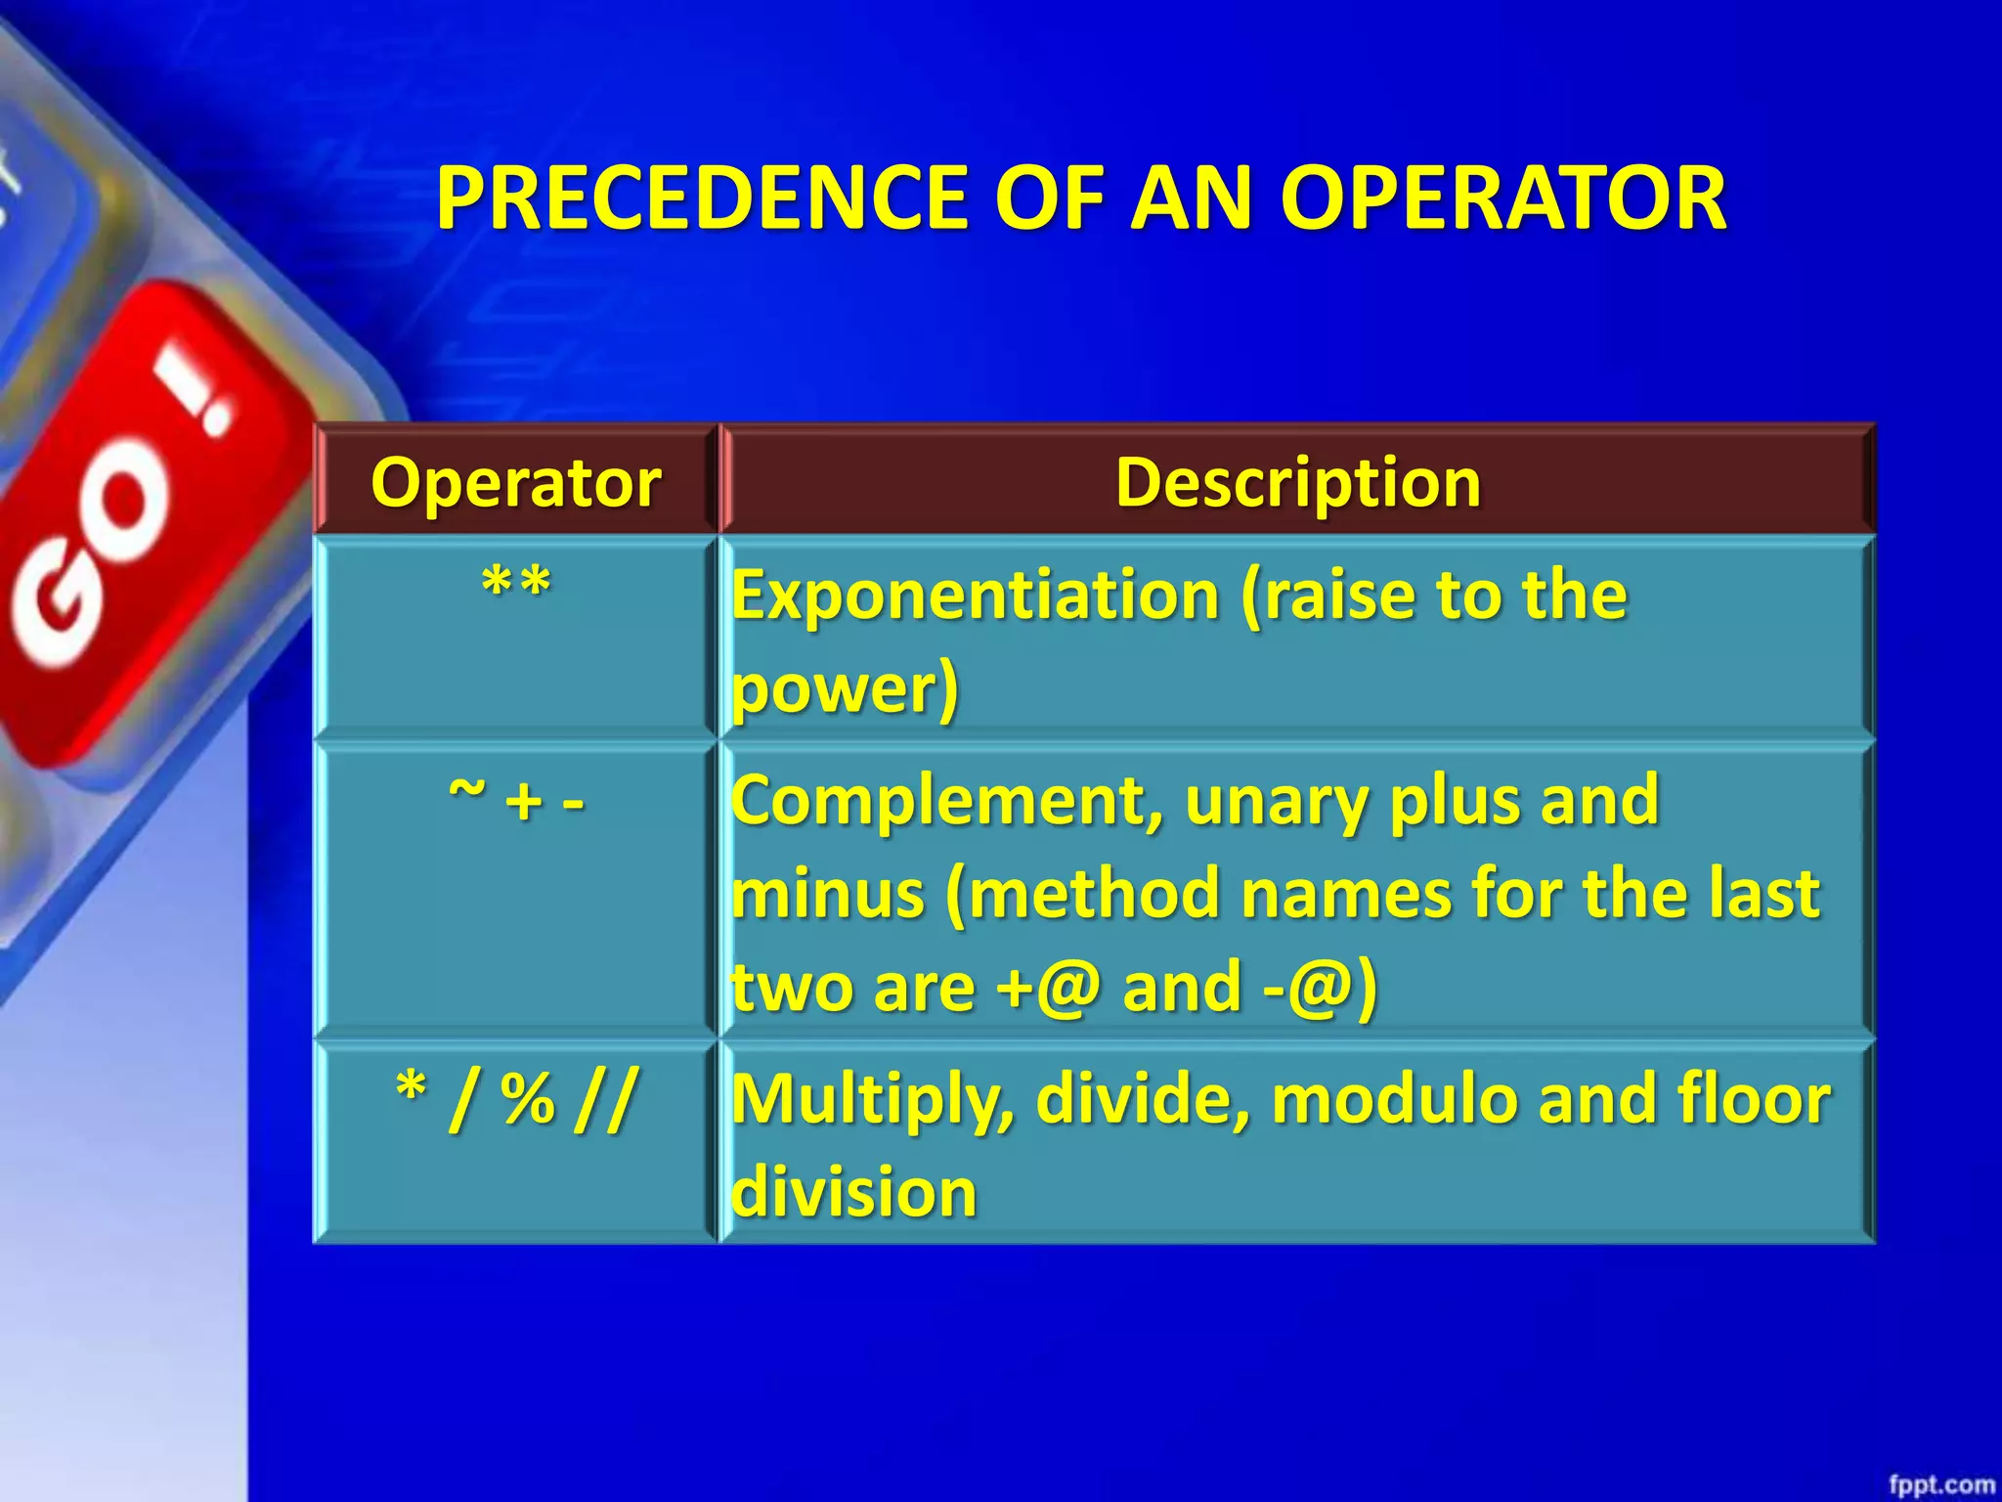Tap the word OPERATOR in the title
pos(1502,198)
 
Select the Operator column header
pos(515,482)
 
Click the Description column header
pos(1297,482)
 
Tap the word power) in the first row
pos(846,688)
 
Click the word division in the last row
pos(853,1192)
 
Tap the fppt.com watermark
pos(1940,1484)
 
